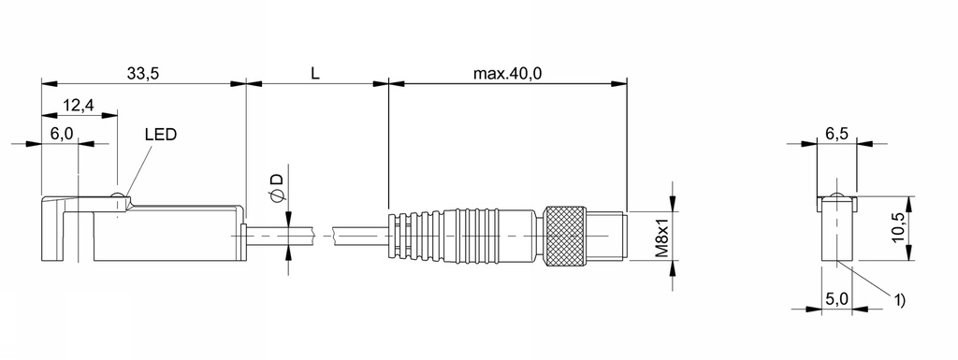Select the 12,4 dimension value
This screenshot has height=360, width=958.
[x=79, y=105]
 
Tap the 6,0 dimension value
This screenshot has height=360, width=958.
[x=62, y=134]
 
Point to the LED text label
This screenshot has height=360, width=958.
[x=160, y=134]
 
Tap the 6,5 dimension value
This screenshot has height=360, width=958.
[x=837, y=134]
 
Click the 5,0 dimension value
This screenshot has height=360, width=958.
[x=836, y=299]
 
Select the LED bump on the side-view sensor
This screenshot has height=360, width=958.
[x=117, y=195]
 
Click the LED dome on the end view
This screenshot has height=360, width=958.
[x=838, y=195]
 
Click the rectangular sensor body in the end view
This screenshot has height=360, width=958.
[x=838, y=234]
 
